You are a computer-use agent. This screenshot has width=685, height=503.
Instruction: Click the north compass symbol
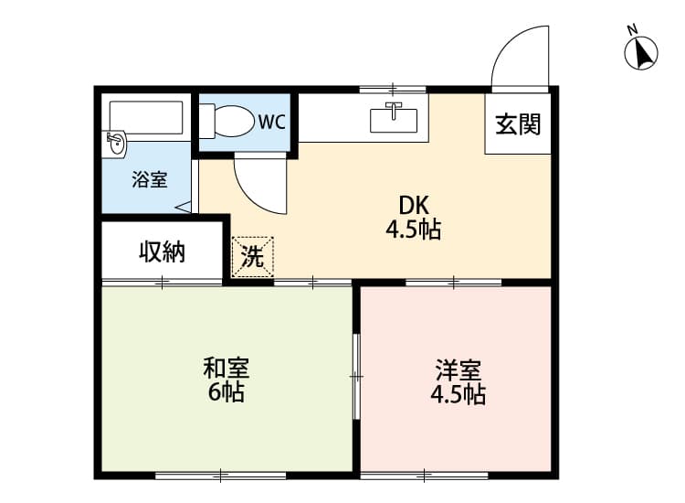point(640,53)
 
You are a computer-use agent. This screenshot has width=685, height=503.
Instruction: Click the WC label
point(272,122)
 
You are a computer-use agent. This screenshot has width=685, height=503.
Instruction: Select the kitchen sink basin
point(393,121)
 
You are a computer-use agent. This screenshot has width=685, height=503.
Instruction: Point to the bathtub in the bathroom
point(146,117)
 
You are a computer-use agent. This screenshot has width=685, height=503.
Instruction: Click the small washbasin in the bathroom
point(116,143)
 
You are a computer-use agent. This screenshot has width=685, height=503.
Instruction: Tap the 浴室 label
point(150,179)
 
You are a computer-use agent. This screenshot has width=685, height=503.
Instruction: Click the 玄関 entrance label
point(518,124)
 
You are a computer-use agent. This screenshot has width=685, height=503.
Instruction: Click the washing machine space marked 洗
point(252,257)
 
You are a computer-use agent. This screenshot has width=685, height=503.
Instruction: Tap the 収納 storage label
point(162,251)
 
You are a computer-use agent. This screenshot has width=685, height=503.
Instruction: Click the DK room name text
point(414,205)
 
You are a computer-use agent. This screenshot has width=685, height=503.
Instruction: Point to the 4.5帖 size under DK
point(413,230)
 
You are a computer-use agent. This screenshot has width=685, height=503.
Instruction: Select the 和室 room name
point(227,369)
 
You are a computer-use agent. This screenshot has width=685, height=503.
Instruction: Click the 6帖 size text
point(226,392)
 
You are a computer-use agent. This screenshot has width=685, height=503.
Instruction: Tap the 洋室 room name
point(458,370)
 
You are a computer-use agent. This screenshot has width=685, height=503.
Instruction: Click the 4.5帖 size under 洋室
point(458,394)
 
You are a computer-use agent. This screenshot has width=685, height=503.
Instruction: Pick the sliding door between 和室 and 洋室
point(356,376)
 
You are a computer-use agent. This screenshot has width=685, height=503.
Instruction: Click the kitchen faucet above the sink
point(394,110)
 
